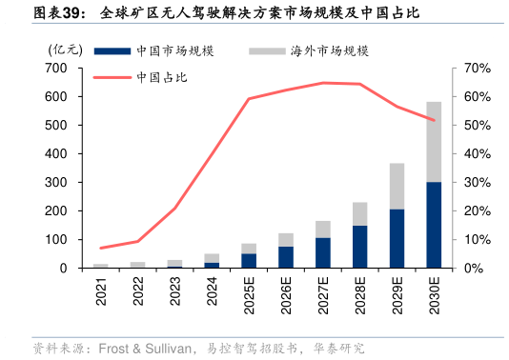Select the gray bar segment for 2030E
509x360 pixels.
434,142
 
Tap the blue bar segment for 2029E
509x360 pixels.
397,238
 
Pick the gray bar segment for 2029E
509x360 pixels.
397,186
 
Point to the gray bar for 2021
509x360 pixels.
101,266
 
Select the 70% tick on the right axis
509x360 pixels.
477,69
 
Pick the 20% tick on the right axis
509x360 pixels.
477,211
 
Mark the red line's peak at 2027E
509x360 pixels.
323,83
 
